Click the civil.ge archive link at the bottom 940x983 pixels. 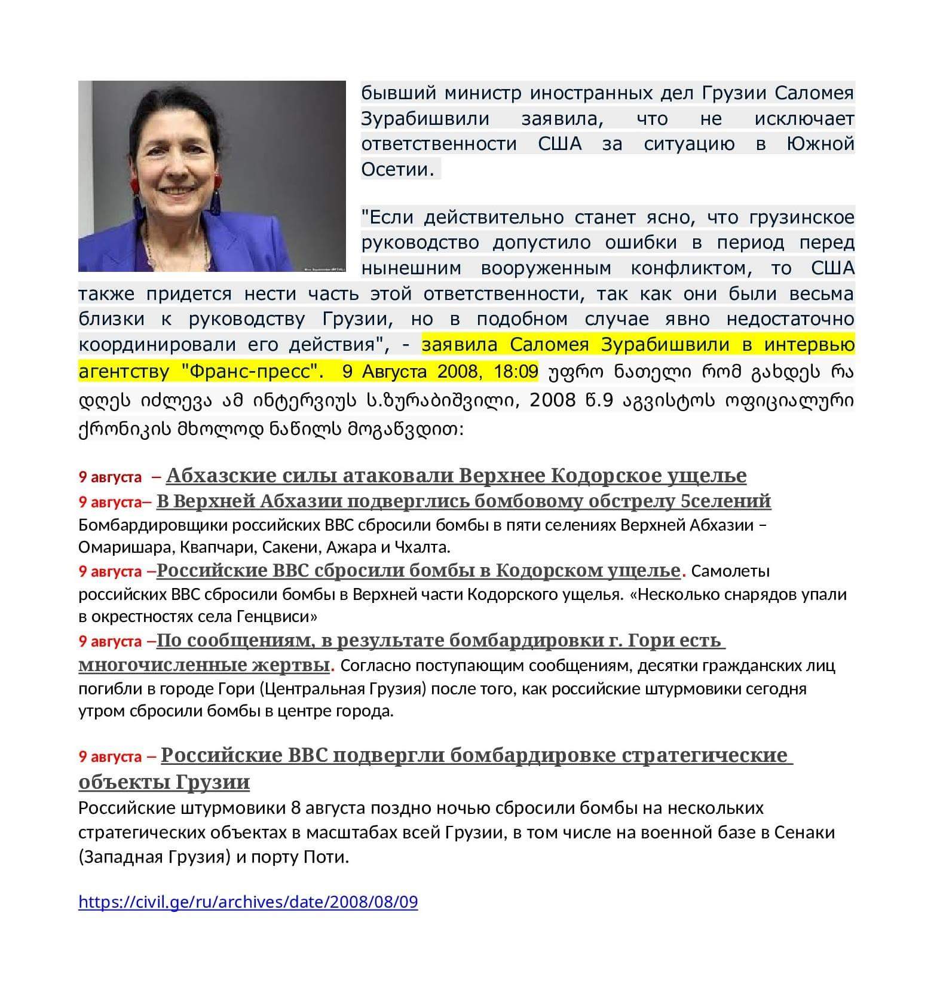click(248, 901)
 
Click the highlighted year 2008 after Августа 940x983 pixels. click(458, 371)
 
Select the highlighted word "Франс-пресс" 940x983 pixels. click(248, 371)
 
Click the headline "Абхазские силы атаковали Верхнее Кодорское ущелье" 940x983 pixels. click(456, 475)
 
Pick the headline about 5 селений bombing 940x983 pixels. click(463, 501)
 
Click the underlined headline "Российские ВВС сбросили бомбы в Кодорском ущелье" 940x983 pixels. click(418, 571)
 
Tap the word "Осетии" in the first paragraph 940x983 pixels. click(396, 170)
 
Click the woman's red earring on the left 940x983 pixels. click(134, 186)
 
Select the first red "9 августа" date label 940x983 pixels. click(110, 477)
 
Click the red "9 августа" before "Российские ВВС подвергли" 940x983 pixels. click(110, 757)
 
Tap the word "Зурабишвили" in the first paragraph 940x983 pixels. click(425, 119)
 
